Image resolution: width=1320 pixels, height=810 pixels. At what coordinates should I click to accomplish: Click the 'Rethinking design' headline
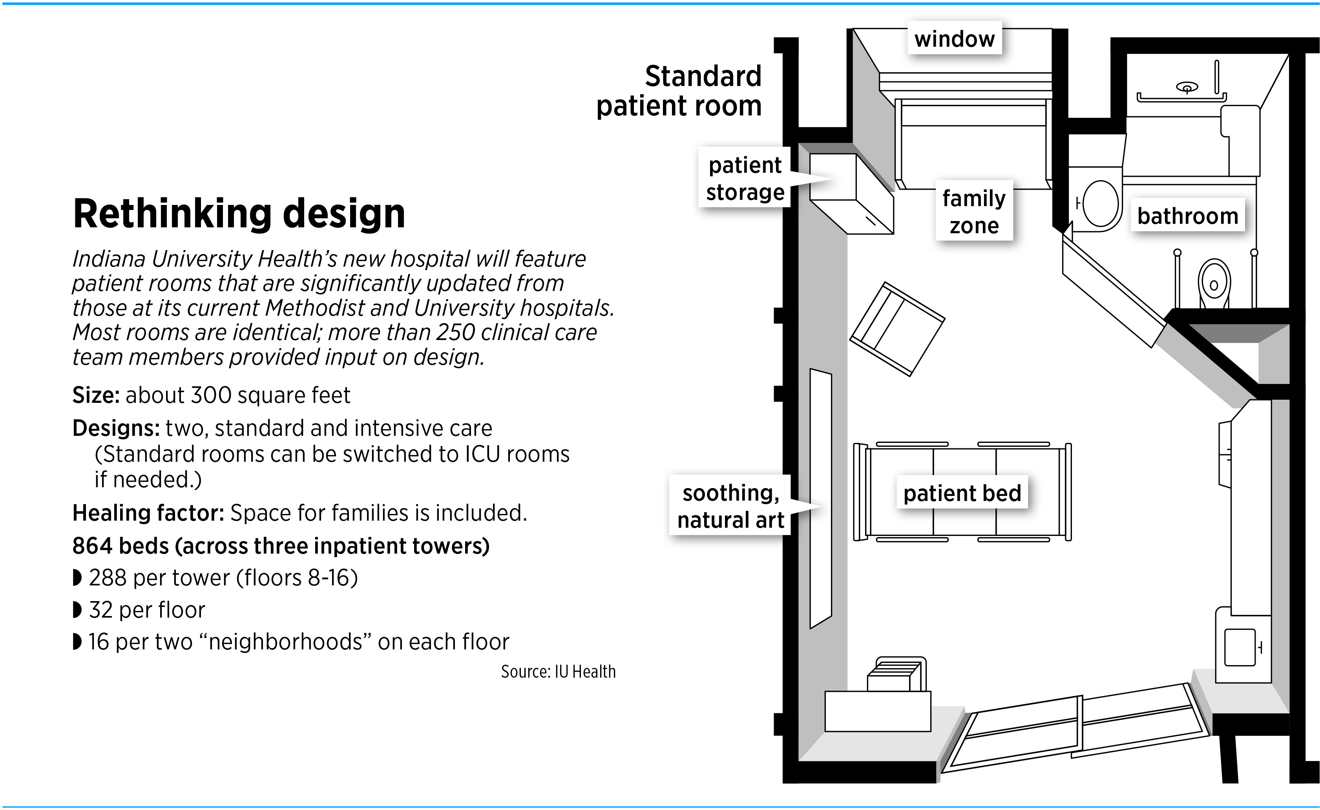(x=239, y=214)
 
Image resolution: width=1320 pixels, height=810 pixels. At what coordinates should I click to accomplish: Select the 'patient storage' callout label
(x=745, y=178)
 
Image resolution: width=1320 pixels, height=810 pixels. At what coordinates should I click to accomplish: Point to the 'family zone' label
(x=974, y=211)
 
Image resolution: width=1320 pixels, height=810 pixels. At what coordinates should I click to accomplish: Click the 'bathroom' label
(x=1187, y=216)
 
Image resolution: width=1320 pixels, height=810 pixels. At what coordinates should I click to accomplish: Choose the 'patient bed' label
(x=962, y=493)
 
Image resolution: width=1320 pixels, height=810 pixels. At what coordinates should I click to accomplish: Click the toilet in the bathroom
(x=1214, y=284)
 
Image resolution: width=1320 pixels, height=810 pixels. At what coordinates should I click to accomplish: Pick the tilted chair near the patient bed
(x=897, y=329)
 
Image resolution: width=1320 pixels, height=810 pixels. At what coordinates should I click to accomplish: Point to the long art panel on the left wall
(x=820, y=498)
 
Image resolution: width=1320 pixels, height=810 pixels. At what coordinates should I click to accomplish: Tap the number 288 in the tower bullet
(x=108, y=578)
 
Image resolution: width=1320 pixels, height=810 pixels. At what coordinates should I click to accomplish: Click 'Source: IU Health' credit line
(x=558, y=672)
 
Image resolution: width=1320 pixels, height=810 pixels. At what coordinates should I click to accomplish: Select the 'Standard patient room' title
(x=679, y=91)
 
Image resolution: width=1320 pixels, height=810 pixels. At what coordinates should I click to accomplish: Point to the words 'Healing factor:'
(x=148, y=513)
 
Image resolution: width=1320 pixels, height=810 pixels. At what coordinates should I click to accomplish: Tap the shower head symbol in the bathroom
(x=1187, y=87)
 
